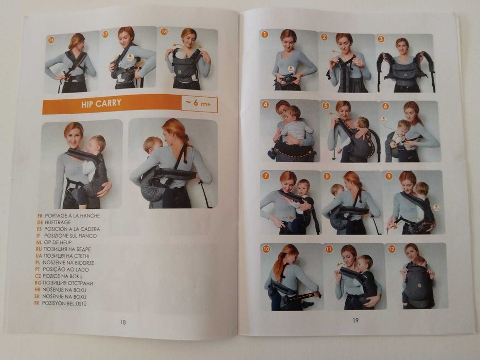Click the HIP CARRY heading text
(x=101, y=103)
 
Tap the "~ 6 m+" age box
(x=199, y=104)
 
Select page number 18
(x=123, y=322)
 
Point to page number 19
(x=355, y=320)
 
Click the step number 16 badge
(x=51, y=40)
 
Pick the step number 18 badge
(x=164, y=31)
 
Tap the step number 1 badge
(x=264, y=34)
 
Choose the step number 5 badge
(x=326, y=106)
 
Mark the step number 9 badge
(x=389, y=176)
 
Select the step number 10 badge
(x=266, y=249)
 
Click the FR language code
(x=40, y=215)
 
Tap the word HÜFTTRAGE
(x=58, y=222)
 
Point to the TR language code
(x=37, y=303)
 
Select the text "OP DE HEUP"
(x=58, y=242)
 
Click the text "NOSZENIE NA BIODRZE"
(x=68, y=263)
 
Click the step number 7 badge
(x=265, y=176)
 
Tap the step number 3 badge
(x=381, y=39)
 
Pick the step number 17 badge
(x=105, y=34)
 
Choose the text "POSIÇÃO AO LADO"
(x=65, y=269)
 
